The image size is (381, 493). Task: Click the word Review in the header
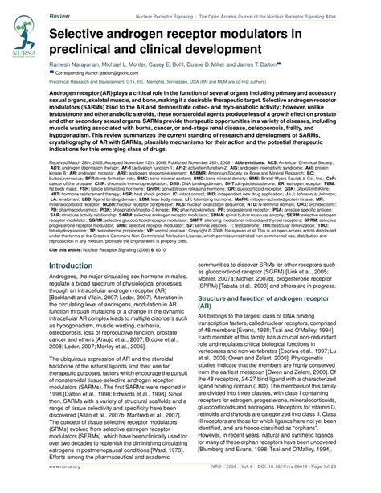pyautogui.click(x=61, y=15)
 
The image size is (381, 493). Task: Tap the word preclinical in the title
pyautogui.click(x=92, y=58)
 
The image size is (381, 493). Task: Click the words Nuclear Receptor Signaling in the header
pyautogui.click(x=168, y=15)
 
